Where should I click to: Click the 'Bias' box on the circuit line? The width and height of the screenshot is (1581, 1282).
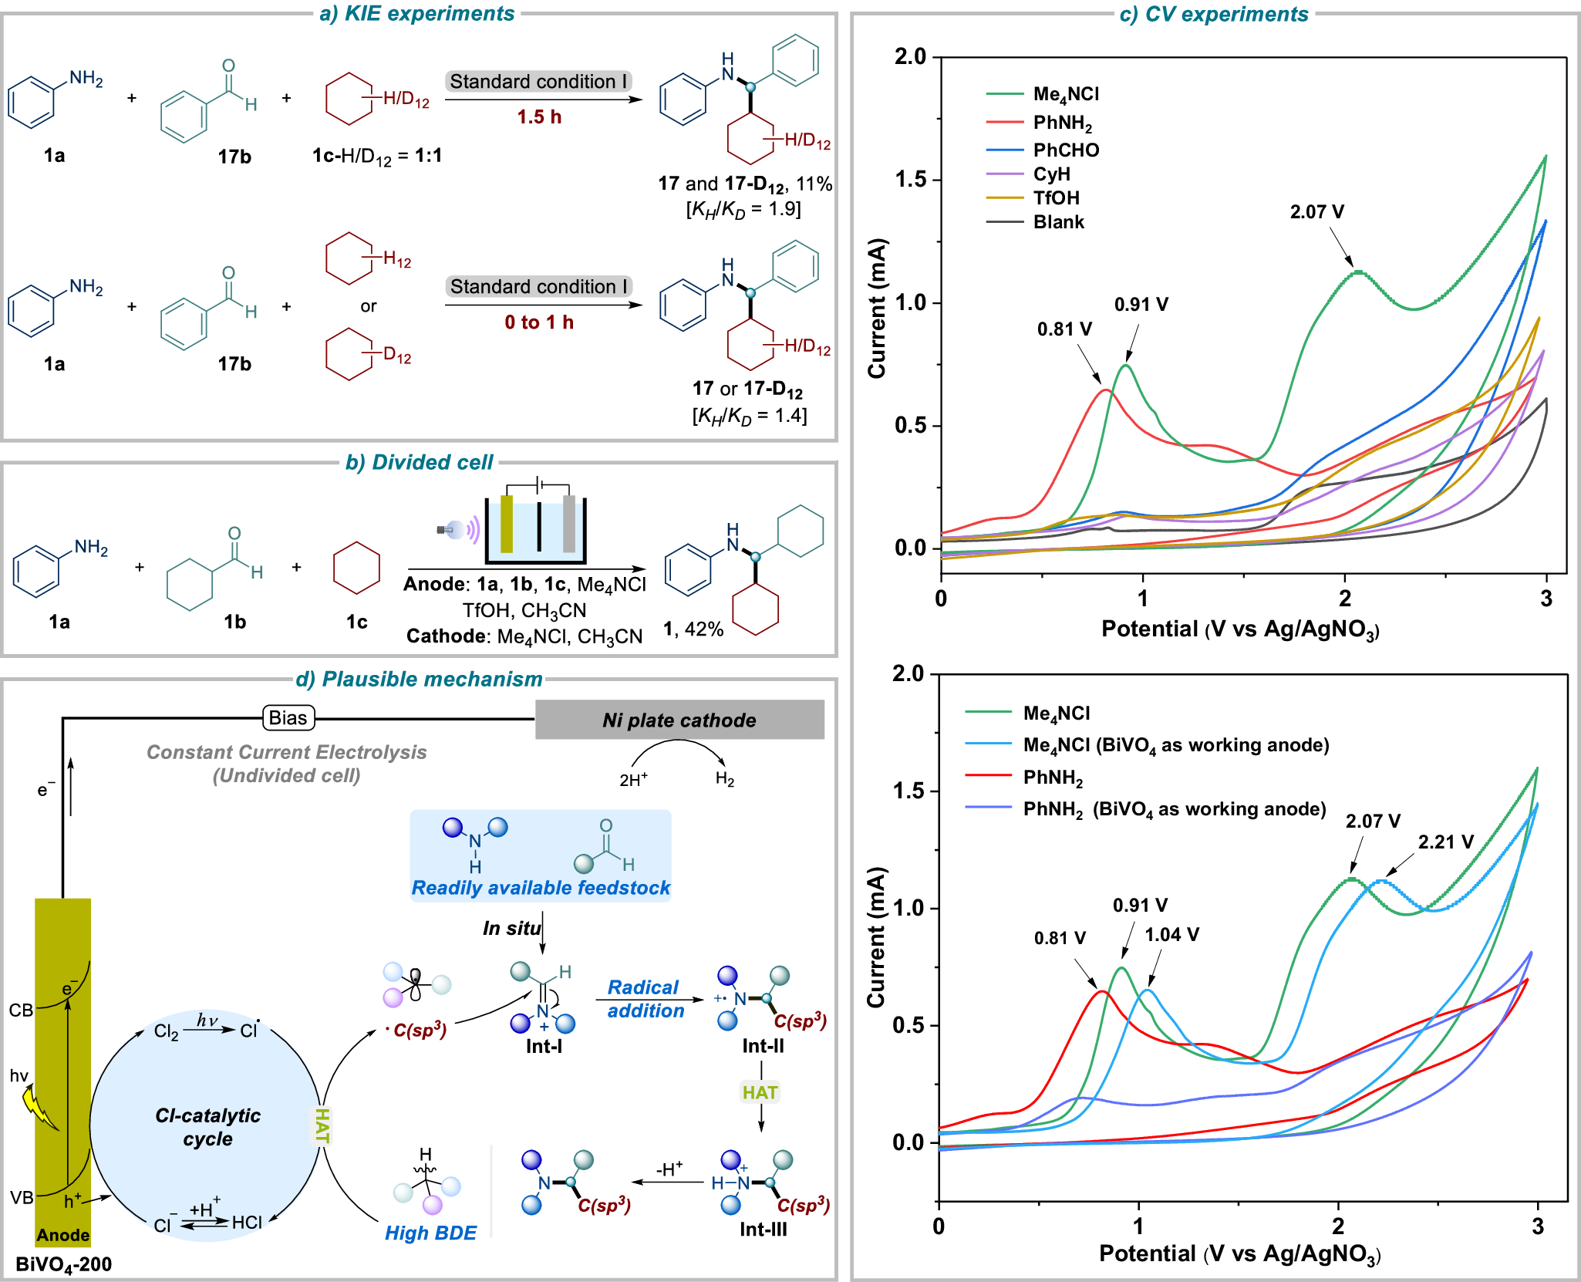(288, 718)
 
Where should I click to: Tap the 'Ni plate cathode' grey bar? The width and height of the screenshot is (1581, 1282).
(679, 720)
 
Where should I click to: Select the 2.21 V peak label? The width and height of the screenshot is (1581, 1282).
(1445, 842)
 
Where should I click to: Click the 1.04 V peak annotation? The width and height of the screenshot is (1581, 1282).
(1171, 935)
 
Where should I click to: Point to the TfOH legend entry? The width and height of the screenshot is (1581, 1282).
(1056, 198)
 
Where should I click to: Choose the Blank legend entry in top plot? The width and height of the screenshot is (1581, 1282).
(1058, 222)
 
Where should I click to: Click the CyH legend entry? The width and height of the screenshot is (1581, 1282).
(1051, 174)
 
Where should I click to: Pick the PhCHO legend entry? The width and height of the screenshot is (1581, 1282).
(1066, 150)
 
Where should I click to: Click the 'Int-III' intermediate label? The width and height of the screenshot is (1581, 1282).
(763, 1230)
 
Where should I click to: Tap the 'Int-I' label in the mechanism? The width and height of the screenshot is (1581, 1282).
(544, 1047)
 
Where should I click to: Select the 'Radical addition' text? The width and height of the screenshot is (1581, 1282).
(645, 999)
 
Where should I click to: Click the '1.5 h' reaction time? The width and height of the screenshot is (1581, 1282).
(539, 117)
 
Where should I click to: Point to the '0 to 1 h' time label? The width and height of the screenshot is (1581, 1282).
(539, 322)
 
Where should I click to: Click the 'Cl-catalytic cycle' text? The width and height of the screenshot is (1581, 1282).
(207, 1127)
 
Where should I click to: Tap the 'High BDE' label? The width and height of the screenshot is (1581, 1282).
(430, 1233)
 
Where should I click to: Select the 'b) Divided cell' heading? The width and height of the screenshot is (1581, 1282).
(420, 462)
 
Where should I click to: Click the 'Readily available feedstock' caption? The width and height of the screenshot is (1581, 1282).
(541, 888)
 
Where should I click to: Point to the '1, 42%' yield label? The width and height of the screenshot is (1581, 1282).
(693, 629)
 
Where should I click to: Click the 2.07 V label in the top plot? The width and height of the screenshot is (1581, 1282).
(1316, 212)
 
